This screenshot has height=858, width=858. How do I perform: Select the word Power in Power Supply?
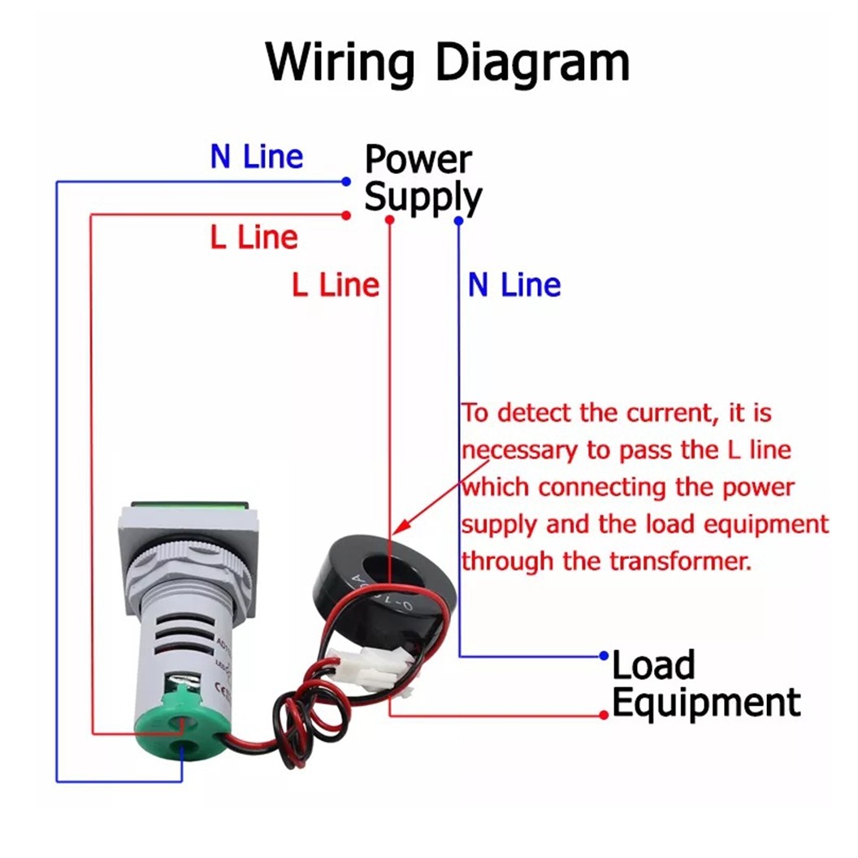418,159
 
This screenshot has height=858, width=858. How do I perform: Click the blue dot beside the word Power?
346,181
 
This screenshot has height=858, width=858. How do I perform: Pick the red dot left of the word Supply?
346,215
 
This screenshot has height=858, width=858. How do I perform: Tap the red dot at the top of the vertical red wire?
390,219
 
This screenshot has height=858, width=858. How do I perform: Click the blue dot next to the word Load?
604,655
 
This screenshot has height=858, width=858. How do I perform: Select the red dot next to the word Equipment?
604,714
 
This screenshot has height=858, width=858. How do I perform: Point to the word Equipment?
706,702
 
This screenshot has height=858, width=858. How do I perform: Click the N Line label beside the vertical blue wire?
514,285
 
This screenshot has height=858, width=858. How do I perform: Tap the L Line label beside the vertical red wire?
336,285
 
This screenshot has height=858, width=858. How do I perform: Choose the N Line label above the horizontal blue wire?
256,157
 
